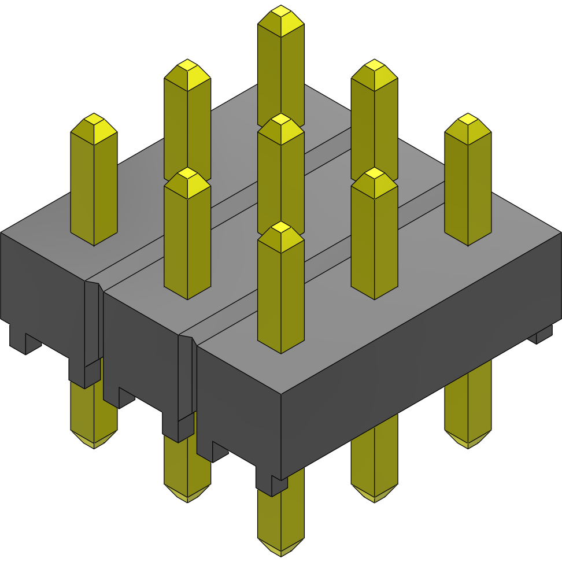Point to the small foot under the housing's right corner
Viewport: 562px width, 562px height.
point(543,335)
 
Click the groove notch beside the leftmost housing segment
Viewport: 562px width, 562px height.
point(93,324)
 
